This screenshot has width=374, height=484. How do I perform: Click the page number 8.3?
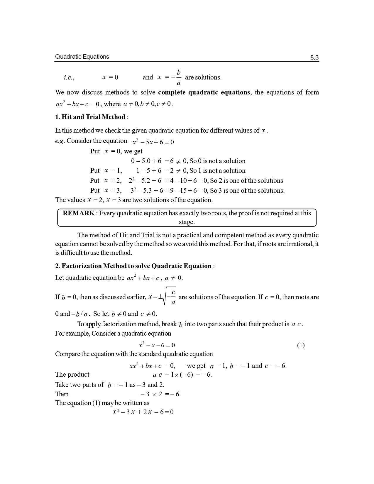tap(314, 57)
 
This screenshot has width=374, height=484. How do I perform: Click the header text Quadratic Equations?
tap(82, 57)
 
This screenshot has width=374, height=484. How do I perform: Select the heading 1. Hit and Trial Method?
tap(90, 117)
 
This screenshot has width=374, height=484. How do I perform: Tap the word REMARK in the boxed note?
tap(79, 213)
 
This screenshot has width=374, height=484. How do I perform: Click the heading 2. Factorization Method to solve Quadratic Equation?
tap(133, 266)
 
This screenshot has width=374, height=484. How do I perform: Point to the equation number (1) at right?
tap(301, 345)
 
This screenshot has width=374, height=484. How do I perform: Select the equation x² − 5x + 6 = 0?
tap(153, 142)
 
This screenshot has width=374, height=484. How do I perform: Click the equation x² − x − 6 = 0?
tap(157, 345)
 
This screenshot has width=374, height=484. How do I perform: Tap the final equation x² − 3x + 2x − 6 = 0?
tap(143, 412)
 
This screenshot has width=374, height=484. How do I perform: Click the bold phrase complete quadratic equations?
tap(204, 92)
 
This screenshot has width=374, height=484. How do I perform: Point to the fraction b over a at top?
tap(178, 77)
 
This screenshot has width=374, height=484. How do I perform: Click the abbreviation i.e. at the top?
tap(69, 78)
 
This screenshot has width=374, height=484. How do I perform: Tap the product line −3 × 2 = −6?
tap(160, 394)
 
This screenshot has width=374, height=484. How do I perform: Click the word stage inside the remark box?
tap(186, 222)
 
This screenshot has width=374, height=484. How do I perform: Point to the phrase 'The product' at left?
tap(72, 375)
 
